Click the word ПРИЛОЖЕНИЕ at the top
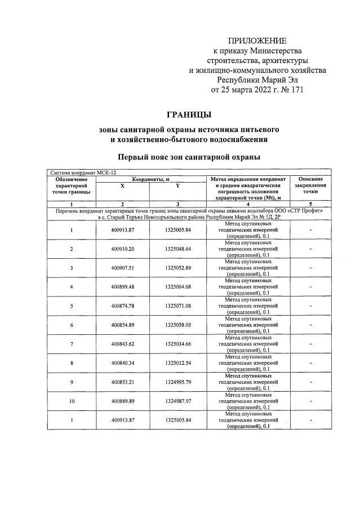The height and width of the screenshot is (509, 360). pyautogui.click(x=257, y=41)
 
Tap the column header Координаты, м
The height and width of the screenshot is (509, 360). pyautogui.click(x=150, y=179)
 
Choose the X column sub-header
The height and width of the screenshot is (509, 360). pyautogui.click(x=122, y=185)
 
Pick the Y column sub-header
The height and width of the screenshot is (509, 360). pyautogui.click(x=177, y=185)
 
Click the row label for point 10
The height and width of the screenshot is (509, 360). pyautogui.click(x=72, y=401)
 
